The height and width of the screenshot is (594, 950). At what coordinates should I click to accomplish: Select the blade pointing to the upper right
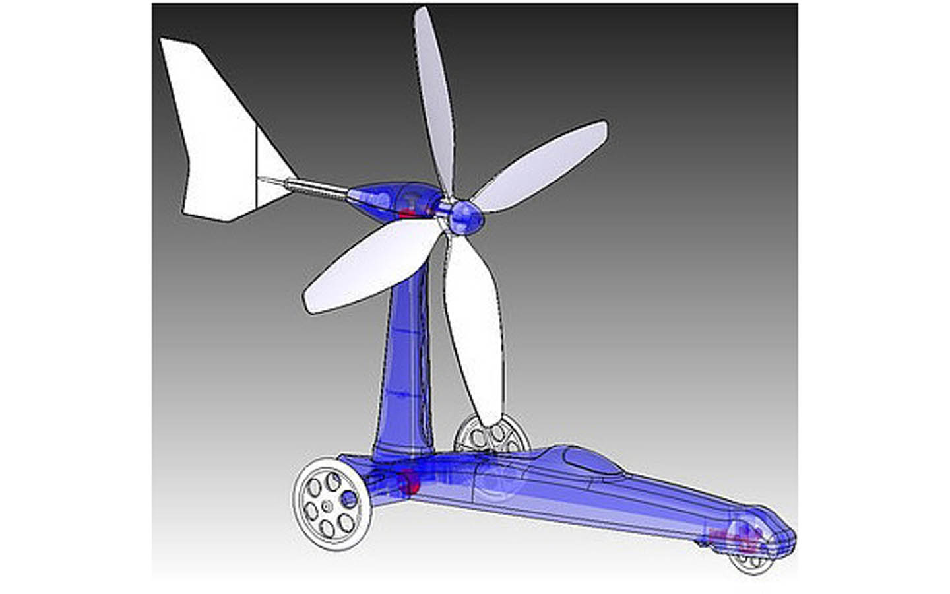pyautogui.click(x=541, y=165)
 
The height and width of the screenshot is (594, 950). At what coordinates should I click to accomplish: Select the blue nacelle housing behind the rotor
pyautogui.click(x=389, y=198)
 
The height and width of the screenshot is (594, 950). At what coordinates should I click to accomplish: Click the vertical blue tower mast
pyautogui.click(x=404, y=370)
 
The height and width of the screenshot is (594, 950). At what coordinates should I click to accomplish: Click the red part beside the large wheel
pyautogui.click(x=409, y=480)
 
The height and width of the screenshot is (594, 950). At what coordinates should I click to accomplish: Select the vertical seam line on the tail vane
pyautogui.click(x=255, y=165)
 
